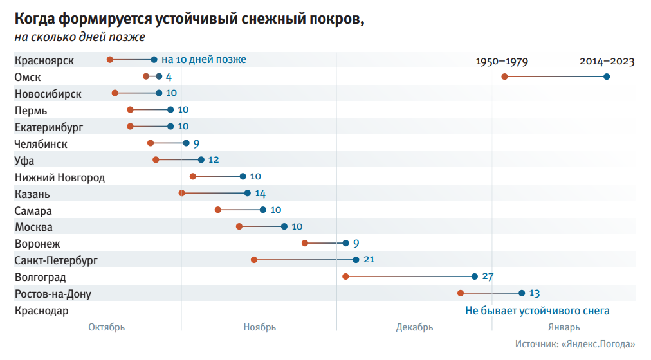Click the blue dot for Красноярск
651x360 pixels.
coord(154,60)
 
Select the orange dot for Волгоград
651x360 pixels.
coord(345,276)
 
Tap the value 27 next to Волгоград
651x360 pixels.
coord(488,276)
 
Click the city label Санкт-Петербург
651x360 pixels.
coord(56,260)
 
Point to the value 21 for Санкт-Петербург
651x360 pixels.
coord(369,260)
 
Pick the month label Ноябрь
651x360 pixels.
coord(260,327)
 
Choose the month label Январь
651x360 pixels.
coord(565,327)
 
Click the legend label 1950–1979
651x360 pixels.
coord(502,62)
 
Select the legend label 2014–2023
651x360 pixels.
coord(607,62)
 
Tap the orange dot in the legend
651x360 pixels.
coord(505,76)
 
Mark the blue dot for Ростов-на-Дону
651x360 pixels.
coord(522,293)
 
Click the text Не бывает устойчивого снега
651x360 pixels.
coord(537,310)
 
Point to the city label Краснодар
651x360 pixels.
coord(42,310)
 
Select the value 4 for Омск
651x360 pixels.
coord(169,77)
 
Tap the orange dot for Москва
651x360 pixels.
coord(239,226)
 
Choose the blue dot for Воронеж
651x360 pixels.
coord(346,243)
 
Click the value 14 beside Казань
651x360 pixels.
coord(260,194)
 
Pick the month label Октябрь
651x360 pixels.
coord(107,327)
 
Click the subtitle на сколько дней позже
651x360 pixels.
coord(80,37)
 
